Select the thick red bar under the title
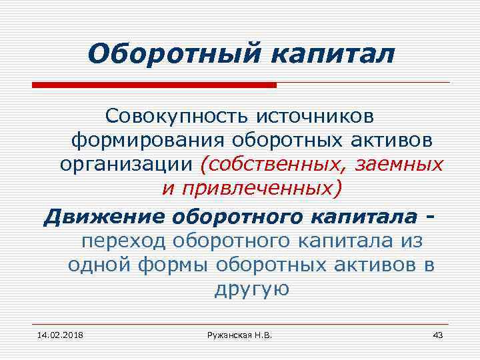tap(154, 85)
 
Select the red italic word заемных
tap(399, 164)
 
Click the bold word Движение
tap(103, 217)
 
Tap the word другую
tap(251, 289)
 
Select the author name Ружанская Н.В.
tap(239, 334)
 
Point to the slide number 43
tap(437, 334)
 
